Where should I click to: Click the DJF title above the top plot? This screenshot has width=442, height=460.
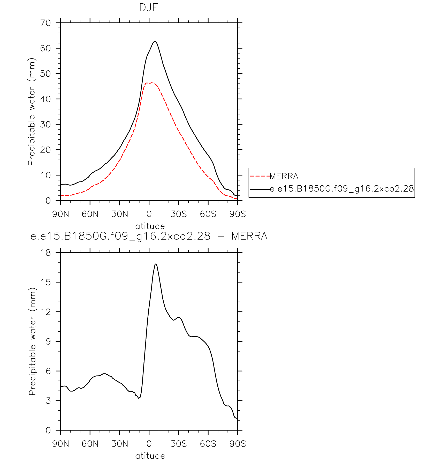tap(149, 8)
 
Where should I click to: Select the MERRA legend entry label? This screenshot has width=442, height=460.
tap(284, 176)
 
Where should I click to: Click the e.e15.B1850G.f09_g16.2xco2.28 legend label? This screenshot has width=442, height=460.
tap(342, 189)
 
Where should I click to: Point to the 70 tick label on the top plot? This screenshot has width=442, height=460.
tap(45, 23)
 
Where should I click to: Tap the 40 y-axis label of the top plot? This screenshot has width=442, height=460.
tap(45, 99)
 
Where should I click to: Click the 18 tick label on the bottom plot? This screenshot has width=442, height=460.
tap(46, 252)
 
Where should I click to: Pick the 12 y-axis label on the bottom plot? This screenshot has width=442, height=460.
tap(46, 312)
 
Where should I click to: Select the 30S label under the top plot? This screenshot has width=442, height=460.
tap(179, 214)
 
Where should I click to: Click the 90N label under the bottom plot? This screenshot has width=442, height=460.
tap(61, 444)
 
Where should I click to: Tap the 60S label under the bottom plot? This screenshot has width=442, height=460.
tap(208, 444)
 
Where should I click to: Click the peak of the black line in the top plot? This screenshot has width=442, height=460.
tap(155, 41)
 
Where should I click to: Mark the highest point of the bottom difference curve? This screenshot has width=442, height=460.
tap(155, 264)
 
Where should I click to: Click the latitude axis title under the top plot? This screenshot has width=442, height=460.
tap(149, 226)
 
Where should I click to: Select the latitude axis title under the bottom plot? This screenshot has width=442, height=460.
tap(149, 456)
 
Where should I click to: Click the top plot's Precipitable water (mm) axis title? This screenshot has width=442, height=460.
tap(32, 112)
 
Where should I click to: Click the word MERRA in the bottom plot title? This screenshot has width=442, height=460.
tap(249, 236)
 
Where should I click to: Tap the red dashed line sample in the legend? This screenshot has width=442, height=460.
tap(260, 176)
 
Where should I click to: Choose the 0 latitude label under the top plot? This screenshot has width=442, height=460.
tap(149, 214)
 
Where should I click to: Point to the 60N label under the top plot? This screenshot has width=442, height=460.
tap(90, 214)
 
